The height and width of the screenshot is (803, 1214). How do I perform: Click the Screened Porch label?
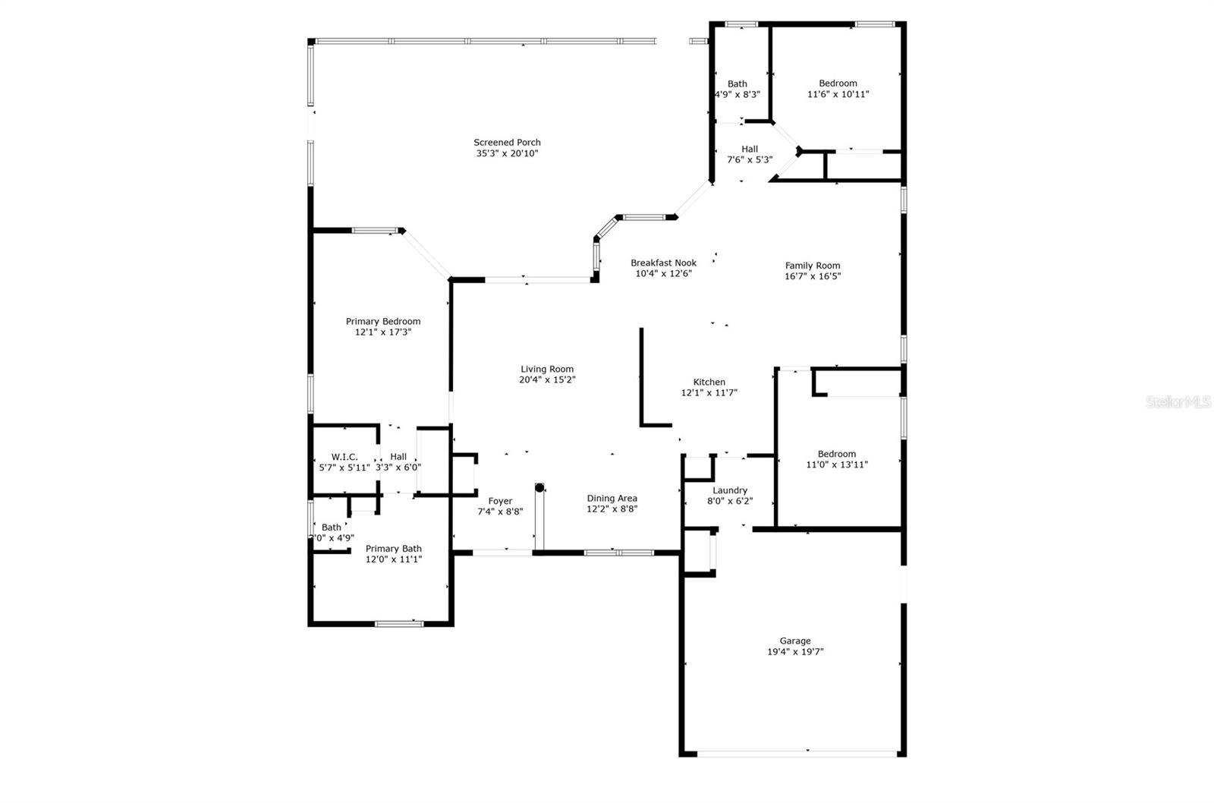(507, 143)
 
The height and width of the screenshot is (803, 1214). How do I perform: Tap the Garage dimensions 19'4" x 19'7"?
(795, 652)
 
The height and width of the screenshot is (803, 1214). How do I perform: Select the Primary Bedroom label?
(383, 322)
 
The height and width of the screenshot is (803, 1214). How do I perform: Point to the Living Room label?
(547, 369)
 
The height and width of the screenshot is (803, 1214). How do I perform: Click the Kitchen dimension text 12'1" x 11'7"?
(709, 392)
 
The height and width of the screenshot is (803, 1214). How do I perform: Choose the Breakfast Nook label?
(663, 263)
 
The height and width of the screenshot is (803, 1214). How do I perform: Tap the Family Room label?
(813, 266)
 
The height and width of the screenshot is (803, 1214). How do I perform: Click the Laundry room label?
(729, 491)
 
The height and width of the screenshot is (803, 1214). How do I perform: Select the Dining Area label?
(612, 499)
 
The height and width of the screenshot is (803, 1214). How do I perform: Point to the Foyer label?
(500, 501)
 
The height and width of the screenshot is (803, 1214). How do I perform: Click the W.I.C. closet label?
(344, 457)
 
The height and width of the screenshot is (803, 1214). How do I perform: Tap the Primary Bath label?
(394, 549)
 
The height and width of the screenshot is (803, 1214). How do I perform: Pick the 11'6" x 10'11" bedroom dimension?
(838, 94)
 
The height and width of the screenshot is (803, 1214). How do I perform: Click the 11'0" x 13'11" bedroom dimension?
(837, 464)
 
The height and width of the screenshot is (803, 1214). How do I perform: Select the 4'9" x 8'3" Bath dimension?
(737, 94)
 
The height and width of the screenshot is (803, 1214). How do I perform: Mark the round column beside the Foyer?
(539, 488)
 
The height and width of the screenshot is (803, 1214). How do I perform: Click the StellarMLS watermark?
(1178, 401)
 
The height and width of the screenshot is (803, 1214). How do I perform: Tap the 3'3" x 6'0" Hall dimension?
(398, 468)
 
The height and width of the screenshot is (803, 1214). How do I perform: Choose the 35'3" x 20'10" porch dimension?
(507, 153)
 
